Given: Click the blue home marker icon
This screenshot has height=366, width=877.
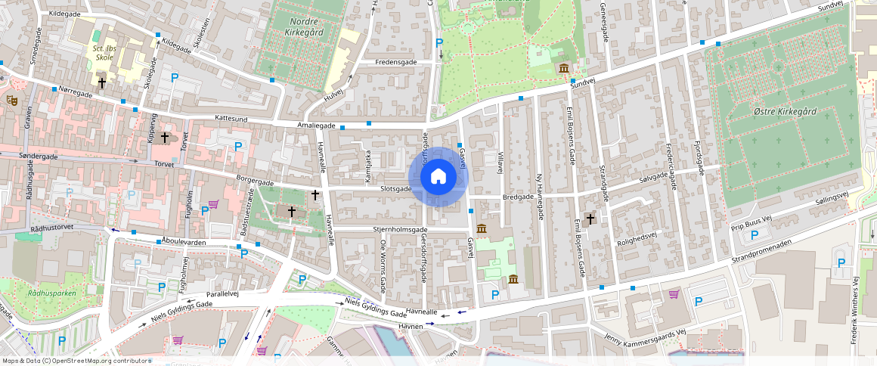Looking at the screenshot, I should (438, 177).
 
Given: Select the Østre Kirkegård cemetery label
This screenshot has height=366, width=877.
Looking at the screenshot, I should (786, 111).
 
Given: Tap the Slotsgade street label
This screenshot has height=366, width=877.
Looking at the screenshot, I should (395, 188).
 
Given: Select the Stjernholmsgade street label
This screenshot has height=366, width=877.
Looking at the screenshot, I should (401, 228).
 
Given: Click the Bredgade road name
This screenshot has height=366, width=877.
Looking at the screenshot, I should (517, 196).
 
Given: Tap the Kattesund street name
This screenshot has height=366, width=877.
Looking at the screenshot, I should (231, 118).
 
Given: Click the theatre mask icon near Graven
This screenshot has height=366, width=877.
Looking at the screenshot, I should (12, 99).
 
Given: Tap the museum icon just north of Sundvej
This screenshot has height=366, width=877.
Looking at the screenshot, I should (564, 70).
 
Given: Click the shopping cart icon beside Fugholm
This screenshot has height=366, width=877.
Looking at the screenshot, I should (214, 204).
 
